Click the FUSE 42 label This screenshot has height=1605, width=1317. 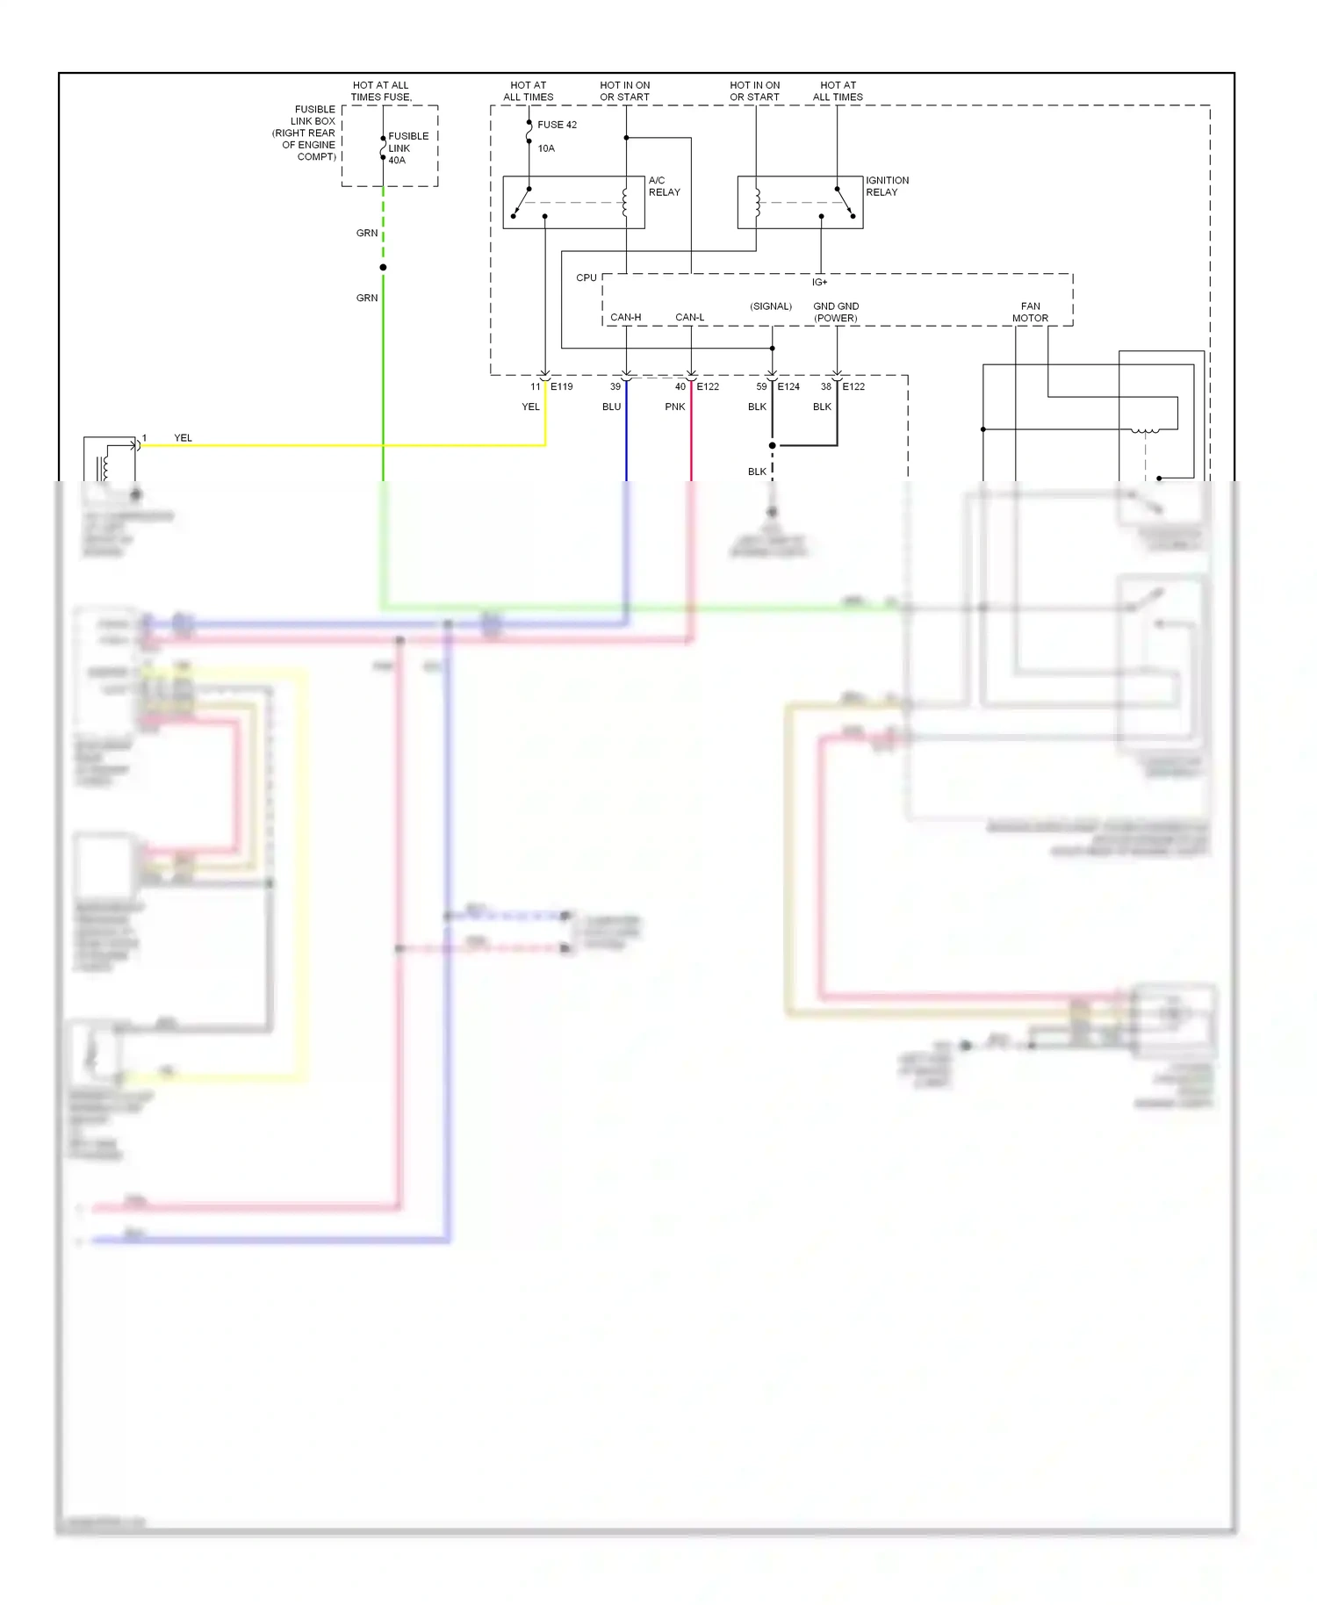[557, 125]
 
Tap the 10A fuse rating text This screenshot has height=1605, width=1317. [546, 148]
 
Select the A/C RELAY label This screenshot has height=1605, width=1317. [664, 186]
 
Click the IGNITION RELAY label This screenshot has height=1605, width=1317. [887, 186]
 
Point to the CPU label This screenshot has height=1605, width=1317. [586, 277]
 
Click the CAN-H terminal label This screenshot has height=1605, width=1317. [625, 317]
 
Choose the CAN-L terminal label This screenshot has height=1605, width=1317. [689, 317]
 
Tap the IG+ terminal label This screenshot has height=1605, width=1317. [819, 283]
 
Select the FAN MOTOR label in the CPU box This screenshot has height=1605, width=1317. [1030, 313]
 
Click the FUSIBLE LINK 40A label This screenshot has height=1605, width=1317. [407, 148]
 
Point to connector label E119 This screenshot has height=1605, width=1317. [561, 386]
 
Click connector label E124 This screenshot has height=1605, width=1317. [788, 386]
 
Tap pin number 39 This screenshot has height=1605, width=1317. [615, 386]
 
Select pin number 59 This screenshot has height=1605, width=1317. [761, 386]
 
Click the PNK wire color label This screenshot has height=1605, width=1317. [674, 407]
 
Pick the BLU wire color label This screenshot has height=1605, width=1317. [611, 407]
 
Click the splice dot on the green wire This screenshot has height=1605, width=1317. [383, 267]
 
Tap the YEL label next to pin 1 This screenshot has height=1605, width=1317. [183, 438]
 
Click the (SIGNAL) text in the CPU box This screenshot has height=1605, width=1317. [771, 306]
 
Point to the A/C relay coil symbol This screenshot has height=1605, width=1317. [625, 202]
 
